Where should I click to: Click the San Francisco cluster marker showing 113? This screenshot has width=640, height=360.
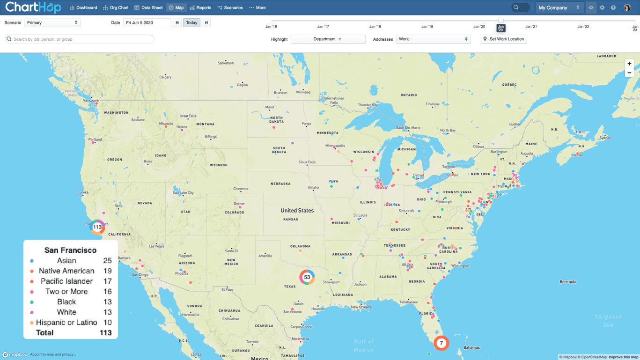tap(97, 227)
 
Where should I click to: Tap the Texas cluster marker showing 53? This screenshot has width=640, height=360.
tap(307, 277)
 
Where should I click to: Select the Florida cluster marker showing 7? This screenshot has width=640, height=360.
tap(441, 343)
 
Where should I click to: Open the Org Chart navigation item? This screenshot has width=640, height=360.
tap(116, 7)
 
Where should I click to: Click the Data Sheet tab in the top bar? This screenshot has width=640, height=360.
tap(148, 7)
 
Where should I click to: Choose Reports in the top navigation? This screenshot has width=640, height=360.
tap(200, 7)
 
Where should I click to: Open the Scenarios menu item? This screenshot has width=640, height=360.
tap(230, 7)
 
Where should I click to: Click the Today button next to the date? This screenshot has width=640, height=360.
tap(191, 22)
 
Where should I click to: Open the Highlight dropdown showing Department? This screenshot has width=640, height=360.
tap(328, 39)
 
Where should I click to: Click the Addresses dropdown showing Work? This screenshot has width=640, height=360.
tap(433, 39)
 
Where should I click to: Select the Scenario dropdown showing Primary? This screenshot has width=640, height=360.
tap(52, 22)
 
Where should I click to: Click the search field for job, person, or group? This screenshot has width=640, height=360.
tap(80, 39)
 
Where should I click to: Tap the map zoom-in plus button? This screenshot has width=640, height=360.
tap(629, 64)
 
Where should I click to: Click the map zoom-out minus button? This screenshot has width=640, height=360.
tap(629, 73)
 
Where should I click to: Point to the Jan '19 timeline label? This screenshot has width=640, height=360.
tap(427, 27)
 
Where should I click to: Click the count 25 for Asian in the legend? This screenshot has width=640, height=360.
tap(107, 261)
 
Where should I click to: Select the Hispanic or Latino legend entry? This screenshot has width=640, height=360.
tap(66, 323)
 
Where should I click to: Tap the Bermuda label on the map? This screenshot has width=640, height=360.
tap(568, 282)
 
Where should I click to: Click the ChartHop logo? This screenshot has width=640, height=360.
tap(33, 7)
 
